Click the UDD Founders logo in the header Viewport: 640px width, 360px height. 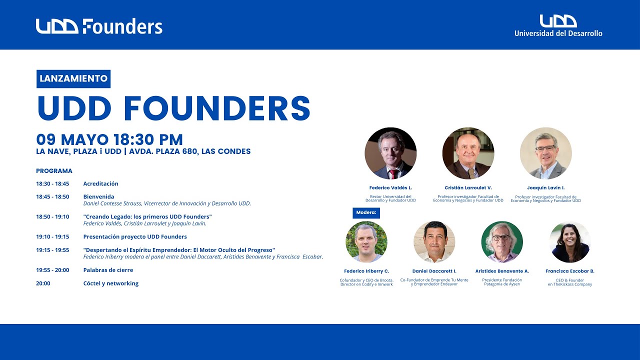pyautogui.click(x=99, y=26)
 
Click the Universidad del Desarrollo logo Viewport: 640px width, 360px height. pyautogui.click(x=558, y=26)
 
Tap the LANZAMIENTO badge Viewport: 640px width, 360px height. pyautogui.click(x=73, y=78)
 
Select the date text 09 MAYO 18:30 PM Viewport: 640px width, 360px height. pyautogui.click(x=109, y=139)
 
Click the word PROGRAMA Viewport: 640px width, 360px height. pyautogui.click(x=54, y=171)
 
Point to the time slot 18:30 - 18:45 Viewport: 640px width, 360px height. pyautogui.click(x=52, y=184)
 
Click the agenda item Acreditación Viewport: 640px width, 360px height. pyautogui.click(x=100, y=184)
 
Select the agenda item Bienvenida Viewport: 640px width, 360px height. pyautogui.click(x=98, y=197)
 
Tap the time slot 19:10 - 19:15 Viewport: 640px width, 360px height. pyautogui.click(x=52, y=237)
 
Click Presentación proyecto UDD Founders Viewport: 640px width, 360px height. pyautogui.click(x=135, y=237)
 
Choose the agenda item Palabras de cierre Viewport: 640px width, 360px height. pyautogui.click(x=108, y=270)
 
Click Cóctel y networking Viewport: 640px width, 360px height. pyautogui.click(x=110, y=283)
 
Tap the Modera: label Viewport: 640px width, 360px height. pyautogui.click(x=366, y=212)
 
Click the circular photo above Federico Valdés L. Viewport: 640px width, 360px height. pyautogui.click(x=390, y=153)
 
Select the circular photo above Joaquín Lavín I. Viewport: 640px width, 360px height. pyautogui.click(x=545, y=153)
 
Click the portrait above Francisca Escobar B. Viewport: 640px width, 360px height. pyautogui.click(x=569, y=242)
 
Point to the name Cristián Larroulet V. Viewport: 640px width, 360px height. pyautogui.click(x=468, y=188)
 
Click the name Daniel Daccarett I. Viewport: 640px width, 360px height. pyautogui.click(x=434, y=271)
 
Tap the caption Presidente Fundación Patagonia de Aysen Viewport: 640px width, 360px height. pyautogui.click(x=501, y=282)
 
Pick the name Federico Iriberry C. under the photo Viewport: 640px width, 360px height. pyautogui.click(x=366, y=271)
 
